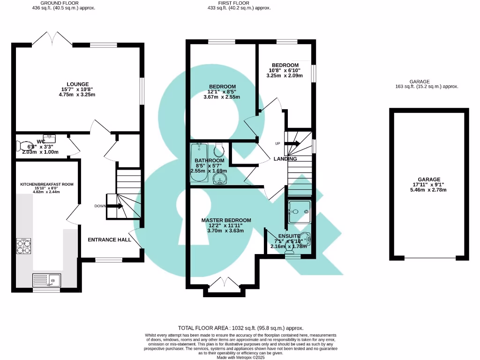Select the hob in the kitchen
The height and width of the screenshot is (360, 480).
[24, 246]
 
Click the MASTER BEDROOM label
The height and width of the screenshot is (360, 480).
[226, 220]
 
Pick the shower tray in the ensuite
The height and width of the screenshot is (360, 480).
[300, 211]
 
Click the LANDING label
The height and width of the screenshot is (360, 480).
[285, 159]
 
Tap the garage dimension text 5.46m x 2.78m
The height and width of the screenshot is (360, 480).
[429, 190]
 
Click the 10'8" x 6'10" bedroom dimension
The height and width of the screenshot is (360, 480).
[285, 70]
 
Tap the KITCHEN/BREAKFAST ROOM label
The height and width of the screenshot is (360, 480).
[46, 184]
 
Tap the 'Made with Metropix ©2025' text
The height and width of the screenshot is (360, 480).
[240, 357]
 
